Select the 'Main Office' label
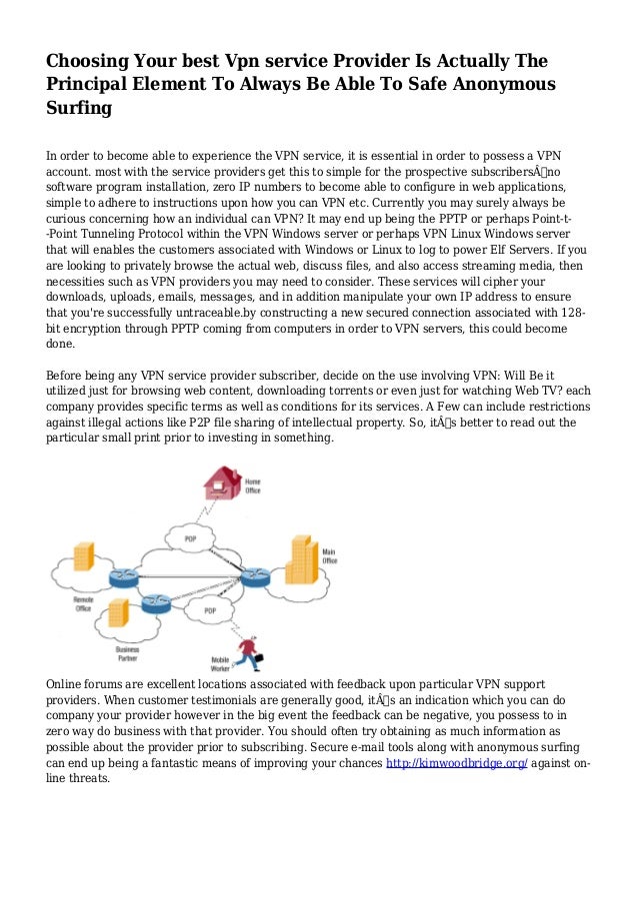[x=329, y=556]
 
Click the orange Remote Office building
[x=83, y=556]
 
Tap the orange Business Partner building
[x=118, y=611]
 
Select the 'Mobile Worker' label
[x=220, y=662]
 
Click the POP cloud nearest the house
[x=190, y=539]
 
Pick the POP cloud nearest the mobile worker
[x=209, y=610]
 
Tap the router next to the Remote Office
[x=124, y=576]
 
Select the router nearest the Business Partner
[x=156, y=602]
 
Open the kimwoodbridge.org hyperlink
[x=456, y=764]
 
